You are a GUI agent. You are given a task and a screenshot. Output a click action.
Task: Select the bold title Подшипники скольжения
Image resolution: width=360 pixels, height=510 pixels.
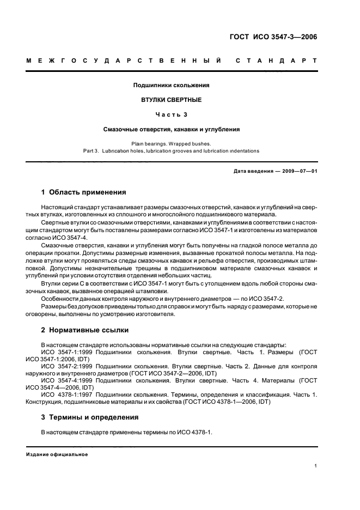coord(172,85)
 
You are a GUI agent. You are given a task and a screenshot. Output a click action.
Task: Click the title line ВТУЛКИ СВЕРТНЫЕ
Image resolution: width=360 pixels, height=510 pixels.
coord(172,100)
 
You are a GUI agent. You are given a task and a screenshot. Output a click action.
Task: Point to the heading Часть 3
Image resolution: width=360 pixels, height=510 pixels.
coord(172,115)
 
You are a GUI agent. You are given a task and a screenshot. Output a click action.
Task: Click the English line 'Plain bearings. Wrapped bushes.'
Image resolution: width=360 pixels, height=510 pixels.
coord(172,143)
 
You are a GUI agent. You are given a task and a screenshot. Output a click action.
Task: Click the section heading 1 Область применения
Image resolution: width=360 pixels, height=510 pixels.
coord(84,192)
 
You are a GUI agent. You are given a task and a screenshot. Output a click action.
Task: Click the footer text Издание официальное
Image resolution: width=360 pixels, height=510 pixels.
coord(57,454)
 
